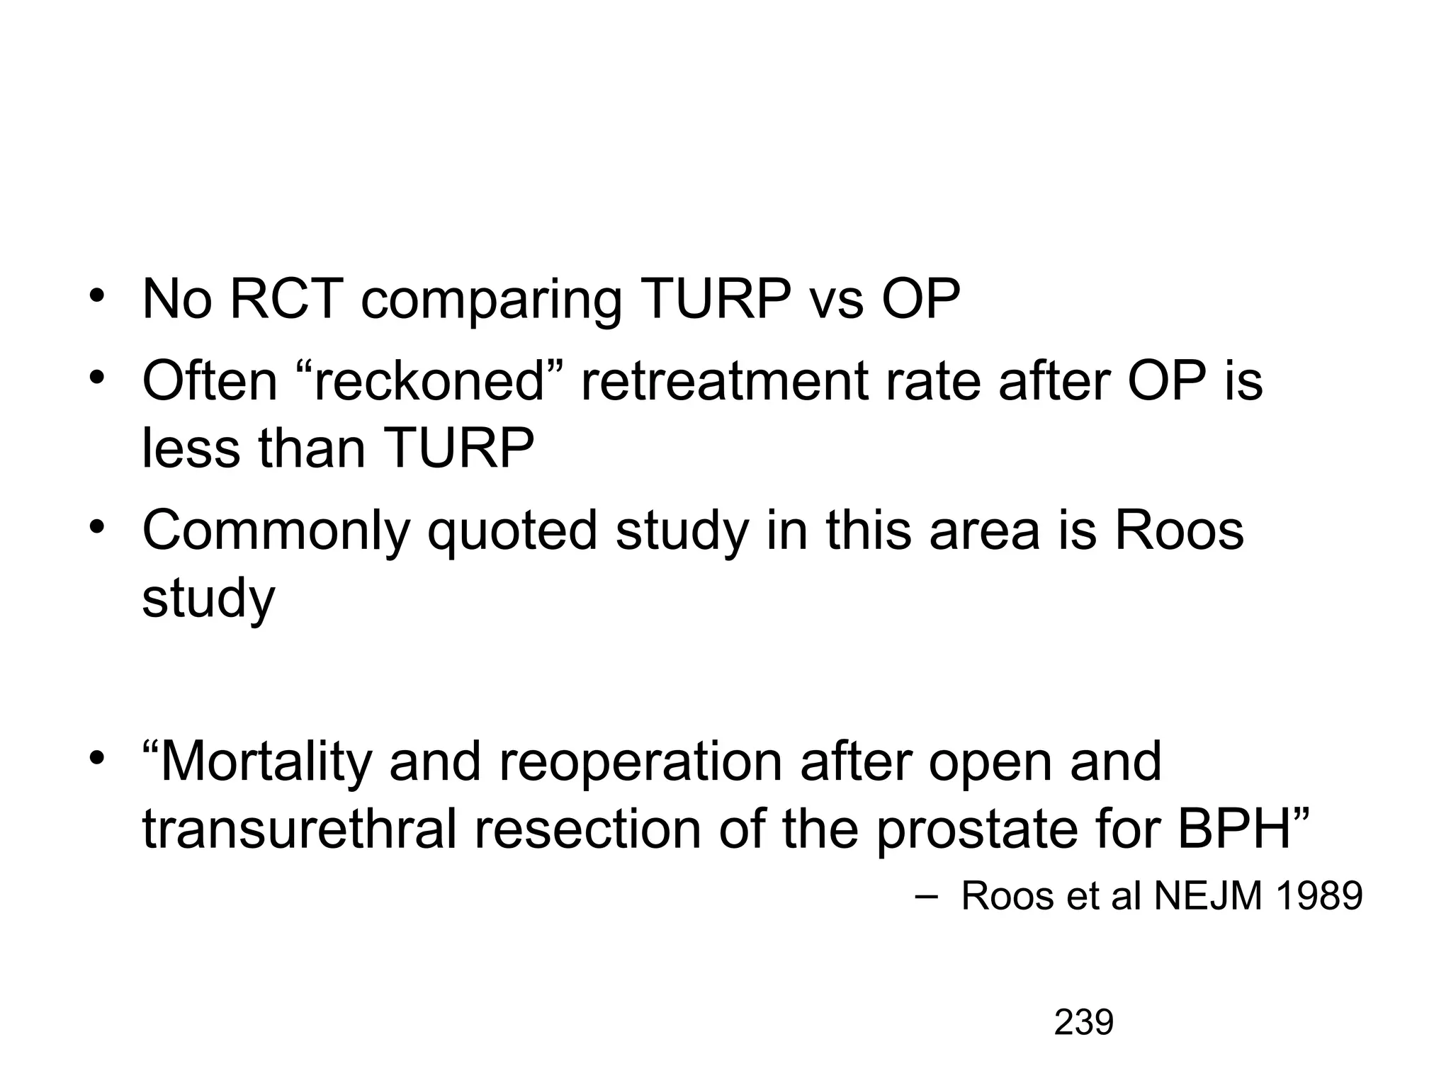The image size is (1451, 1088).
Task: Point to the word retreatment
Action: [725, 381]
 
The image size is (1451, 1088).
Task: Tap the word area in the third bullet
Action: [985, 531]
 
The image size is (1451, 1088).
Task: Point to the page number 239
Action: [1083, 1023]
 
